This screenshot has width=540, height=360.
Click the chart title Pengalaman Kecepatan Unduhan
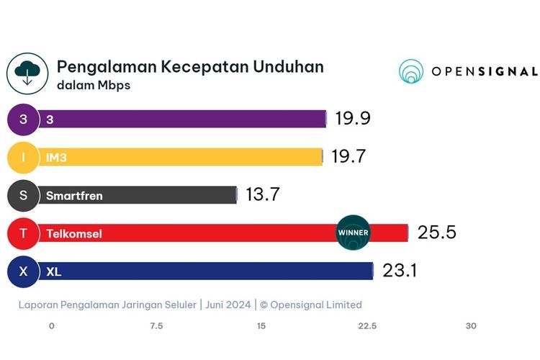[190, 67]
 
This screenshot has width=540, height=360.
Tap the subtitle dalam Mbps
[94, 86]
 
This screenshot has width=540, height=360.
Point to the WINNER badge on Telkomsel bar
[353, 233]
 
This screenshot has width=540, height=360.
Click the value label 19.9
[353, 119]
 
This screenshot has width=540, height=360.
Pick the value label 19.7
[349, 157]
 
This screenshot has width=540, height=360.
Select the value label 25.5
[437, 233]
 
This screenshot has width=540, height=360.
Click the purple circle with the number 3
[23, 119]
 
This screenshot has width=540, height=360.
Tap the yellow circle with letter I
[23, 157]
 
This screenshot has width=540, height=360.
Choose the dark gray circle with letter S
[23, 195]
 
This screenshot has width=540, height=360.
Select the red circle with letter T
[23, 233]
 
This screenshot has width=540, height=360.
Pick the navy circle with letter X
[23, 271]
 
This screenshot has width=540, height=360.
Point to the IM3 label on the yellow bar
[56, 157]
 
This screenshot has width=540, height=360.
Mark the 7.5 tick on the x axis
[156, 326]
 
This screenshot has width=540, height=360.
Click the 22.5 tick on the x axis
[367, 326]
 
